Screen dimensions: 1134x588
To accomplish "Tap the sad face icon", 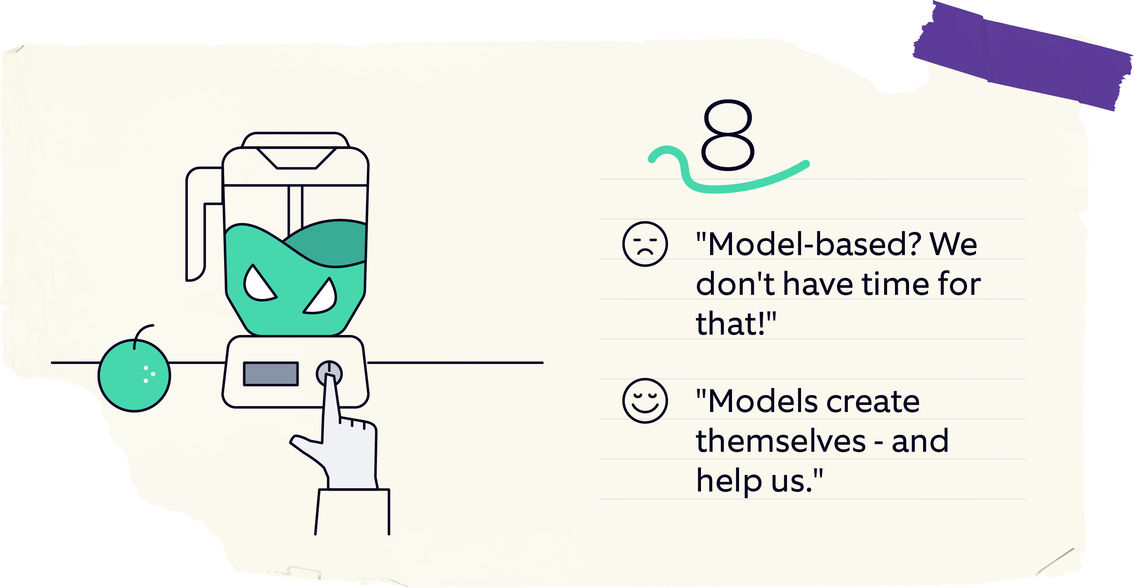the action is (645, 244).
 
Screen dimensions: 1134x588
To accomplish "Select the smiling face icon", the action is (645, 401).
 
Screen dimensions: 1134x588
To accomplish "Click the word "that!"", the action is (731, 323).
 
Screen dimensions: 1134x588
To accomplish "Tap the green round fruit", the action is (134, 376).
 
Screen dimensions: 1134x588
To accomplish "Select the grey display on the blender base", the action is (271, 374).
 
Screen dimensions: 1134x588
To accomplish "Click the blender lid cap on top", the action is (295, 139).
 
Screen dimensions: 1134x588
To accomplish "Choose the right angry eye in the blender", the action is (321, 298).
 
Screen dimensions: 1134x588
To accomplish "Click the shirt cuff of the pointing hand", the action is (352, 511).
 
